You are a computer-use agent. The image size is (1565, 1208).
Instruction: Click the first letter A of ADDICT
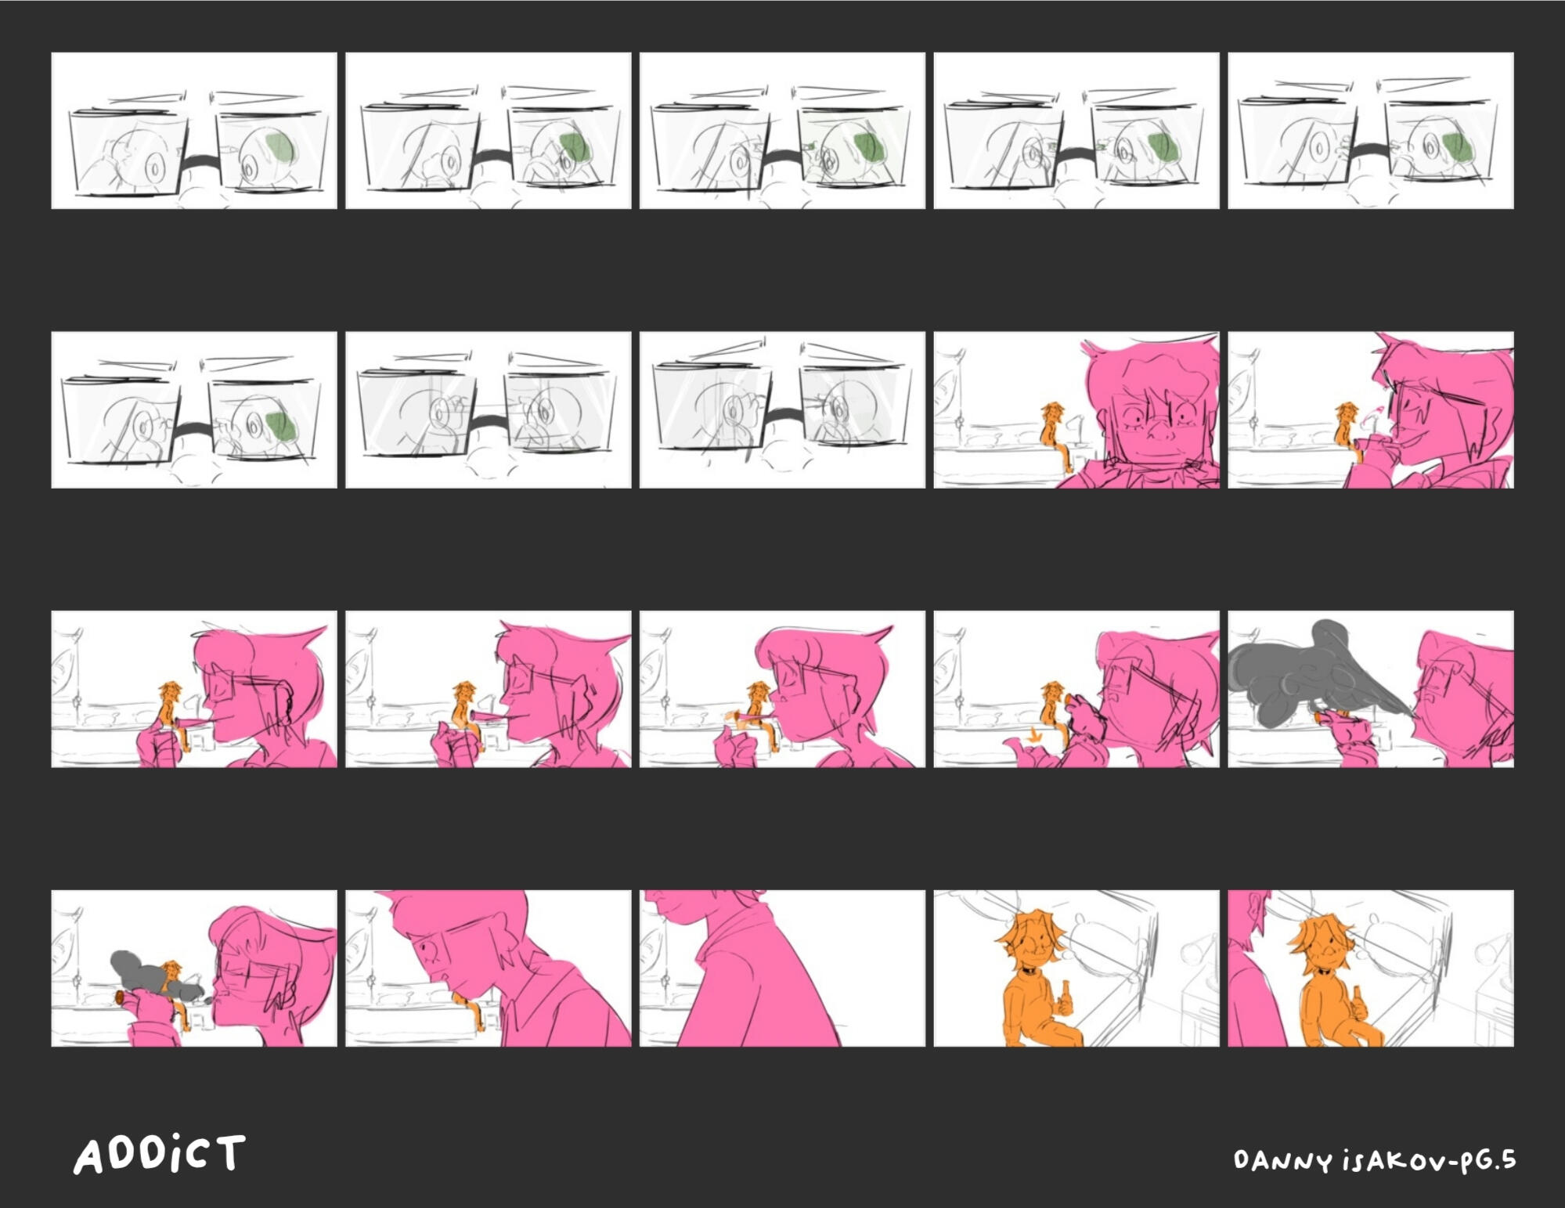88,1156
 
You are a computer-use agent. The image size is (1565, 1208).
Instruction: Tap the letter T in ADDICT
231,1152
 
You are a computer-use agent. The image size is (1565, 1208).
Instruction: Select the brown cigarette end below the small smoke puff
119,996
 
